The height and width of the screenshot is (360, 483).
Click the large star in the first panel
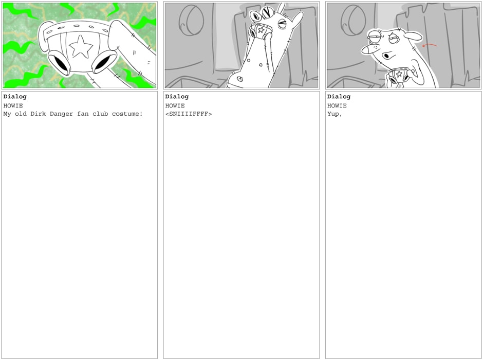(x=81, y=46)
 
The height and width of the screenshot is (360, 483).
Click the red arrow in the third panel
(x=429, y=45)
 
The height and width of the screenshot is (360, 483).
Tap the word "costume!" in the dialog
(x=127, y=114)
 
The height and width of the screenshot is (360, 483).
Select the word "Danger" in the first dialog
(x=61, y=114)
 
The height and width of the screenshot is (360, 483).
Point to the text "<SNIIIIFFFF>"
(x=189, y=114)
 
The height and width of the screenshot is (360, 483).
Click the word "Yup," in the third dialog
(x=335, y=114)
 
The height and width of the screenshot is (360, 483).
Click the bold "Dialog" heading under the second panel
(x=177, y=97)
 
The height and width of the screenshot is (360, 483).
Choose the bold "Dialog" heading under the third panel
(x=339, y=97)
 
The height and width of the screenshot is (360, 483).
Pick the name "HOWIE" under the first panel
(x=13, y=106)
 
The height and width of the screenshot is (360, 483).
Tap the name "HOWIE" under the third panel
(x=337, y=106)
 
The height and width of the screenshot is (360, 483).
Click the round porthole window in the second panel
(x=191, y=20)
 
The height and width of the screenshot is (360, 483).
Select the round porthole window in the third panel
(x=353, y=20)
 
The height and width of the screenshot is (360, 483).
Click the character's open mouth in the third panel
(x=386, y=56)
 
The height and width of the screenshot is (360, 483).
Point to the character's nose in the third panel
(x=369, y=49)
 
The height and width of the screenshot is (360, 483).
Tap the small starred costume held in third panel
(x=399, y=76)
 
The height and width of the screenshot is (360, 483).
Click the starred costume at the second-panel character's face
(x=261, y=30)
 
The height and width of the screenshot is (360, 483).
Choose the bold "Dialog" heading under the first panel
(x=15, y=97)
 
